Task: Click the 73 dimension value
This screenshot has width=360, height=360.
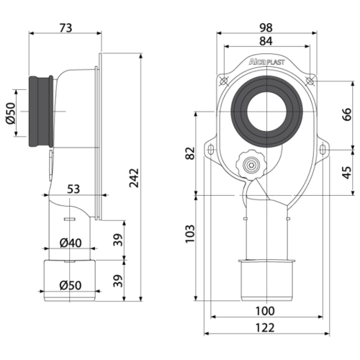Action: point(66,27)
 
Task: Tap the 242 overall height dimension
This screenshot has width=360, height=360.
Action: point(134,178)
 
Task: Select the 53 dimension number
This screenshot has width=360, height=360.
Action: point(73,189)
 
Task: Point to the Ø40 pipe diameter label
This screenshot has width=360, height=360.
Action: point(71,243)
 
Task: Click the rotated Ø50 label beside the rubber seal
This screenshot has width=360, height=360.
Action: point(11,113)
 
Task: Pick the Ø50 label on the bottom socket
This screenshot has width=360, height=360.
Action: point(71,285)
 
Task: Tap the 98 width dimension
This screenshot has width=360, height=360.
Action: point(266,27)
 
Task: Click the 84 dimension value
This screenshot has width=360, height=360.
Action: point(266,41)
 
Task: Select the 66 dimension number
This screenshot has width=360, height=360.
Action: point(347,114)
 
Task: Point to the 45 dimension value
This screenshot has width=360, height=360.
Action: point(347,172)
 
